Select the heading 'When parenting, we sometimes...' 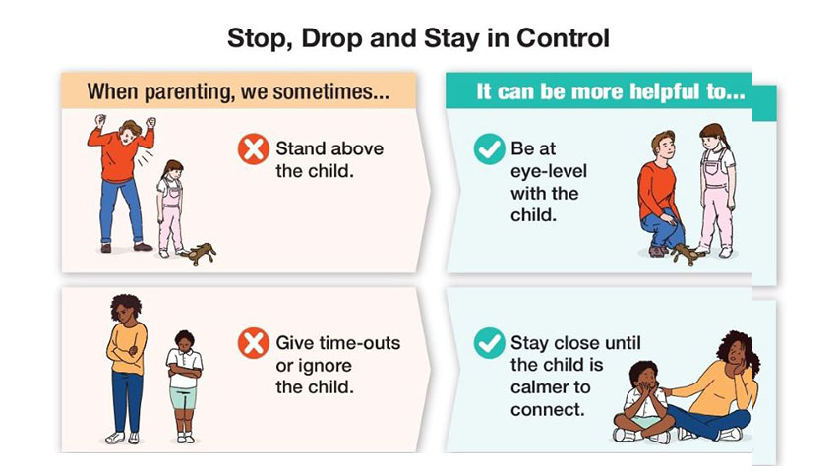click(x=238, y=91)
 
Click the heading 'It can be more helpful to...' click(x=611, y=91)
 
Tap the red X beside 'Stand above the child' click(x=254, y=148)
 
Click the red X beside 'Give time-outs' click(x=254, y=343)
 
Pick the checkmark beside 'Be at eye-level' click(x=489, y=148)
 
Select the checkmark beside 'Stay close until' click(x=489, y=343)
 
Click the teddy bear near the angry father click(x=199, y=254)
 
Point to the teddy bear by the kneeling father click(x=687, y=254)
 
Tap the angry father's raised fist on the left click(x=100, y=121)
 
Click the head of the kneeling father click(x=663, y=146)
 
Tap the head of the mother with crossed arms click(x=127, y=308)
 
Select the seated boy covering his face click(x=643, y=401)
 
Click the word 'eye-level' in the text click(x=548, y=171)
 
